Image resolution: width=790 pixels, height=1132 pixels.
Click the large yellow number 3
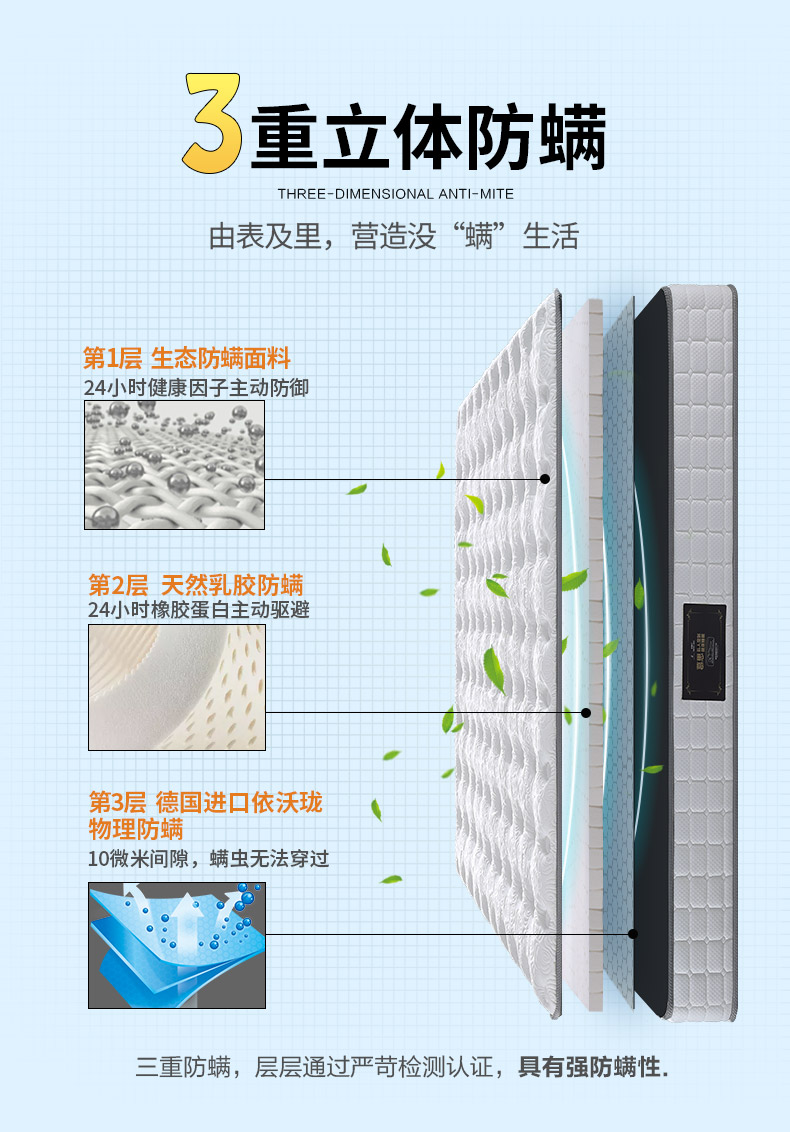[x=213, y=124]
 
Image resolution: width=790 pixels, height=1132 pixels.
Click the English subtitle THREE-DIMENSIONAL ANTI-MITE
[x=395, y=194]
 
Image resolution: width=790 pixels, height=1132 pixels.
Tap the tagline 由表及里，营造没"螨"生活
[x=394, y=238]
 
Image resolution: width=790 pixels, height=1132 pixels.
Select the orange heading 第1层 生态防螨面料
[x=187, y=358]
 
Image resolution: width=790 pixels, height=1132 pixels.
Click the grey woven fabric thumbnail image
[x=174, y=465]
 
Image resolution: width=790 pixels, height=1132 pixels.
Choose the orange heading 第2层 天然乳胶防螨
[x=196, y=585]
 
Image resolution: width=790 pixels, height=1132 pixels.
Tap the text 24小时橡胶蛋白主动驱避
[x=198, y=610]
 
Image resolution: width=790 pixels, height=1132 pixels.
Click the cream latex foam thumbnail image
[x=177, y=688]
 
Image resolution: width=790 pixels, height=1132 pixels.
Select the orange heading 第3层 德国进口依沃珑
[x=206, y=802]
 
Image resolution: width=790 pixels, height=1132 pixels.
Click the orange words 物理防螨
[x=136, y=829]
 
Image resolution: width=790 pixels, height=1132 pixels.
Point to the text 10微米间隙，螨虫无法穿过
[x=208, y=859]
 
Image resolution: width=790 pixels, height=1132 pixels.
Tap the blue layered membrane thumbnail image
[x=177, y=945]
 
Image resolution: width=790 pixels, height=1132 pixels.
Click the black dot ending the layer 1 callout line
[x=545, y=479]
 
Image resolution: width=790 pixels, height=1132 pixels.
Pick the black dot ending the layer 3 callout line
[x=633, y=934]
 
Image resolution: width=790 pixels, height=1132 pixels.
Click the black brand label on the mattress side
[x=704, y=652]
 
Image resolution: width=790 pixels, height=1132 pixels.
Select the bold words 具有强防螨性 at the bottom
[x=592, y=1067]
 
